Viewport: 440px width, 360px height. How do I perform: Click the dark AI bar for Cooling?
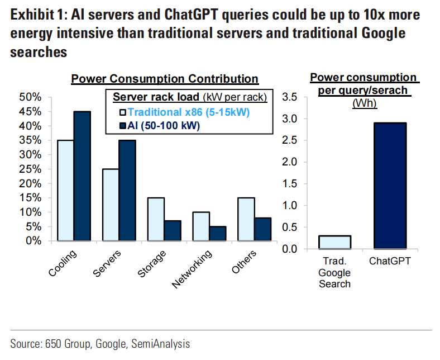(x=82, y=176)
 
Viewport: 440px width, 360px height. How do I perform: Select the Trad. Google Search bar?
(x=335, y=242)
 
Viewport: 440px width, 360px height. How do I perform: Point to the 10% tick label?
(x=31, y=212)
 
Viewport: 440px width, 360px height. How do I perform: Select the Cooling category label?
(x=63, y=263)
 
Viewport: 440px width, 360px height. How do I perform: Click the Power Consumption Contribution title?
(x=165, y=79)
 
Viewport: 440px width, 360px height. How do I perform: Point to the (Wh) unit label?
(x=363, y=103)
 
